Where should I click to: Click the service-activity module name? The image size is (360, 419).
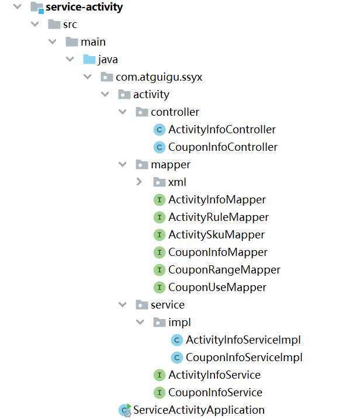pyautogui.click(x=84, y=8)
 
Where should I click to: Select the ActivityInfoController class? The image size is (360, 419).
pyautogui.click(x=221, y=130)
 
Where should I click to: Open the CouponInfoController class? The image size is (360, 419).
pyautogui.click(x=223, y=147)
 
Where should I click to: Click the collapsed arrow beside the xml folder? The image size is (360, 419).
pyautogui.click(x=139, y=182)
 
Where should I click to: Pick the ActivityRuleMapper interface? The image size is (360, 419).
pyautogui.click(x=218, y=217)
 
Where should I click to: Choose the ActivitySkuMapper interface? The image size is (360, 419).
pyautogui.click(x=216, y=235)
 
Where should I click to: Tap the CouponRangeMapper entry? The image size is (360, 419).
pyautogui.click(x=224, y=270)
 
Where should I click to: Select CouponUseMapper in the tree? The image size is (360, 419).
pyautogui.click(x=217, y=288)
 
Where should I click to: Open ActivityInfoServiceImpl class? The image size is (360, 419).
pyautogui.click(x=243, y=340)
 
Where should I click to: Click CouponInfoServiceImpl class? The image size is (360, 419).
pyautogui.click(x=244, y=358)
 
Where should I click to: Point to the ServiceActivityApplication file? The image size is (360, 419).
pyautogui.click(x=199, y=410)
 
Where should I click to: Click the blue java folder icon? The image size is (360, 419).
pyautogui.click(x=89, y=60)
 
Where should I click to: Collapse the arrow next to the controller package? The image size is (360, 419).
pyautogui.click(x=122, y=112)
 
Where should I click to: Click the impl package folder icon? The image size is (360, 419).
pyautogui.click(x=159, y=323)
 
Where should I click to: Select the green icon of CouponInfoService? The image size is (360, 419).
pyautogui.click(x=159, y=393)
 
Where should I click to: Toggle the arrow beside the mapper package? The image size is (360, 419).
pyautogui.click(x=122, y=164)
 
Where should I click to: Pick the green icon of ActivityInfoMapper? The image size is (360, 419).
pyautogui.click(x=159, y=200)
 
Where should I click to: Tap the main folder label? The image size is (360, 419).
pyautogui.click(x=93, y=42)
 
